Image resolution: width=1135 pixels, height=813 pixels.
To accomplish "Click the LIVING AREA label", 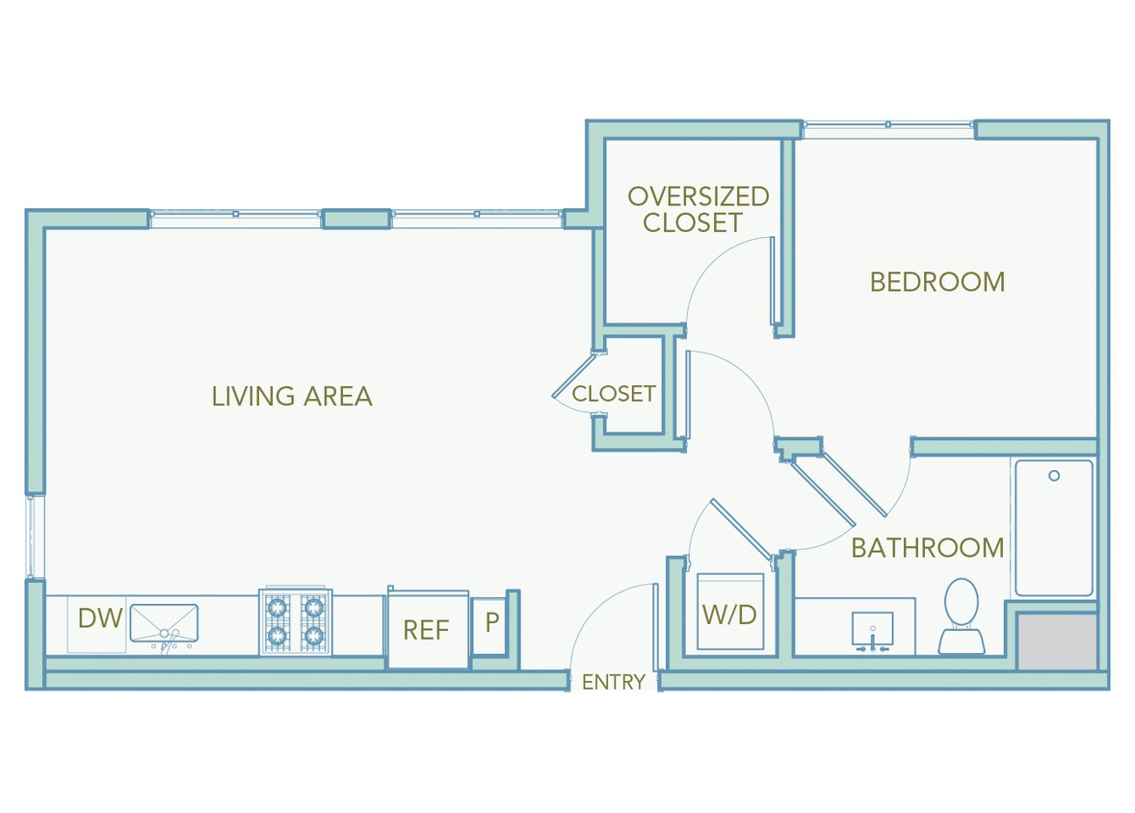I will tap(292, 396).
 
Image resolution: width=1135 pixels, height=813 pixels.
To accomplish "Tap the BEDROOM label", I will tap(937, 282).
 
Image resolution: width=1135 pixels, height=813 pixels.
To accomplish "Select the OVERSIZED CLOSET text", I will tap(698, 210).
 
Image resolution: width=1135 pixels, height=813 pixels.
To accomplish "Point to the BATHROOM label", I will tap(927, 548).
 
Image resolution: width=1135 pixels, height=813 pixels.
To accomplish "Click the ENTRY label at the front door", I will tap(614, 682).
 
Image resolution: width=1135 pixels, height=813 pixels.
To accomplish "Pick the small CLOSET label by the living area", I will tap(614, 393).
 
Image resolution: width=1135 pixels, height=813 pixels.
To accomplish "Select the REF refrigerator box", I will tap(426, 630).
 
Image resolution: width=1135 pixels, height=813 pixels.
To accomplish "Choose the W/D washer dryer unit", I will tap(729, 613).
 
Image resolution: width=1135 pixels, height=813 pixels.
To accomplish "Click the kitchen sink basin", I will tap(164, 623).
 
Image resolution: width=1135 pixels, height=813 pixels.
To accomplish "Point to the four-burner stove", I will tap(295, 622).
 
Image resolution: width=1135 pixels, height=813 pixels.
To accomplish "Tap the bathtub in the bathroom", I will tap(1053, 528).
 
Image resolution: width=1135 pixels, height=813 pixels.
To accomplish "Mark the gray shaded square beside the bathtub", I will tap(1058, 642).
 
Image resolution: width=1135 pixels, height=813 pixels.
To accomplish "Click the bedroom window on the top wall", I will tap(887, 123).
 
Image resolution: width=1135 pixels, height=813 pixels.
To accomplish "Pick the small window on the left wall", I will tap(36, 536).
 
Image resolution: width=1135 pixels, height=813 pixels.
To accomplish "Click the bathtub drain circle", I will tap(1054, 476).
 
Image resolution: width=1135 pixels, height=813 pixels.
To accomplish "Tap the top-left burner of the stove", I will tap(278, 607).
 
